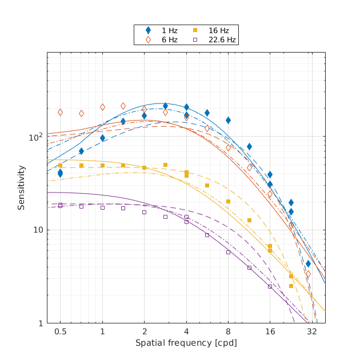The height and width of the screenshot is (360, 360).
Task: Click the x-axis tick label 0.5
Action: click(60, 331)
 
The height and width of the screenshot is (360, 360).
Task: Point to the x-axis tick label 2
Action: click(144, 331)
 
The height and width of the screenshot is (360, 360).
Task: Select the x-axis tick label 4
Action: click(186, 331)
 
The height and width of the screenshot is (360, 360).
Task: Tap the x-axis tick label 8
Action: click(228, 331)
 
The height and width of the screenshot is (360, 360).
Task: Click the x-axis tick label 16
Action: click(270, 331)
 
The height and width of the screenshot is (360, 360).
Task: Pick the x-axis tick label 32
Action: click(312, 331)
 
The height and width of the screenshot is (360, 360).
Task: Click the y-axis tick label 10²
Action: click(36, 138)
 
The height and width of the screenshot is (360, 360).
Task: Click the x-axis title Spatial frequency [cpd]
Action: click(186, 343)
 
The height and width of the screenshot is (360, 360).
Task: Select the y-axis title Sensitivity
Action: click(21, 187)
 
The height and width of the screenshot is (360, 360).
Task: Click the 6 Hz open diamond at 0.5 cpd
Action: click(60, 113)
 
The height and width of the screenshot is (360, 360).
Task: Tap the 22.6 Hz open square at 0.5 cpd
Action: click(60, 205)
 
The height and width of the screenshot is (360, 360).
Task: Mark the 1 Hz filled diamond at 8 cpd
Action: click(228, 120)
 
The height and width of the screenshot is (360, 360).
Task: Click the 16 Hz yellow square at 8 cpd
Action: click(228, 201)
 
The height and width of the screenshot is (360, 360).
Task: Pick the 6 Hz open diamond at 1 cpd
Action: click(102, 107)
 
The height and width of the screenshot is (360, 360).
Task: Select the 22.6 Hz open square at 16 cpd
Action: click(270, 286)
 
